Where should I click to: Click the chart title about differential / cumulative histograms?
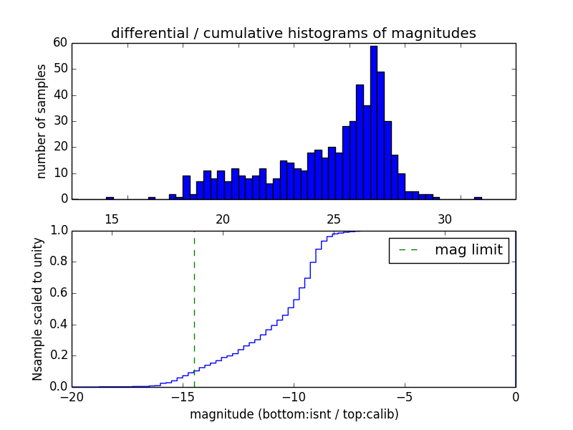click(x=293, y=33)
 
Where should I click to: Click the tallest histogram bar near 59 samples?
click(x=373, y=122)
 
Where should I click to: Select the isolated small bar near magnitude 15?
click(x=110, y=198)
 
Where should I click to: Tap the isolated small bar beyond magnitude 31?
click(x=478, y=198)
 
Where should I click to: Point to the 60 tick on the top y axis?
click(x=60, y=43)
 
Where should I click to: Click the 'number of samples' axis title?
click(x=42, y=121)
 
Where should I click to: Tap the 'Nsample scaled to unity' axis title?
click(x=37, y=309)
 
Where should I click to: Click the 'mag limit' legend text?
click(x=468, y=250)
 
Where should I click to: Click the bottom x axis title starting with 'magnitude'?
click(x=294, y=414)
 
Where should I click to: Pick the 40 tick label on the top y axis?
click(x=60, y=95)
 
